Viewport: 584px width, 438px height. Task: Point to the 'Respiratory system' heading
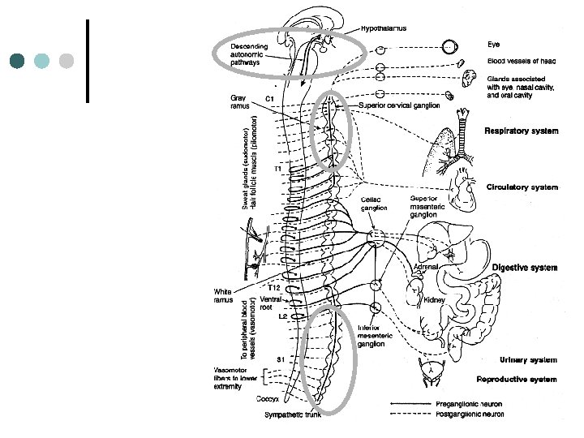point(521,131)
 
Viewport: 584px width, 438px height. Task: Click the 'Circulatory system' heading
point(522,187)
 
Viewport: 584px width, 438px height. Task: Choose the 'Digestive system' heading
point(524,266)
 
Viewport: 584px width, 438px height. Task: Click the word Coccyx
point(268,399)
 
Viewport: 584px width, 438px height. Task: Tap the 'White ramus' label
point(225,295)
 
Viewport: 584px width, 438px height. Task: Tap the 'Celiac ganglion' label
point(373,203)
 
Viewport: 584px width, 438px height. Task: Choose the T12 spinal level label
point(274,288)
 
